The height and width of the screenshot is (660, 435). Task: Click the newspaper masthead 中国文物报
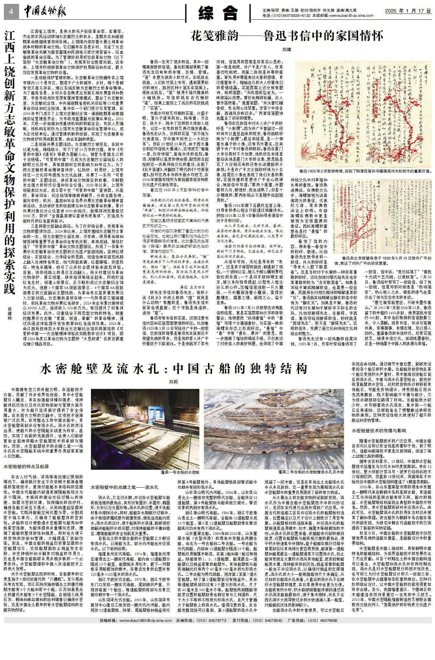(x=45, y=12)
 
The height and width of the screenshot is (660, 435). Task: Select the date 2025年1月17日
(x=408, y=11)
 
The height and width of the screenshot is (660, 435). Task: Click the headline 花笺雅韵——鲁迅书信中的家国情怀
(x=287, y=36)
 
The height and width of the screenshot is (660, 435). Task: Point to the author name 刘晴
(x=287, y=49)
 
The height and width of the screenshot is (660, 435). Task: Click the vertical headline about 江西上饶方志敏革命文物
(x=10, y=162)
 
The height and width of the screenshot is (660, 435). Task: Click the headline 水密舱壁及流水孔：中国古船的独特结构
(x=174, y=368)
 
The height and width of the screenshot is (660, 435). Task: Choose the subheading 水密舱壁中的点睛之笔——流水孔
(x=124, y=487)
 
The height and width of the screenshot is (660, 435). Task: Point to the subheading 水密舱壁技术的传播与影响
(x=379, y=431)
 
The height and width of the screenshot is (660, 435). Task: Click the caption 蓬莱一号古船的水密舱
(x=180, y=472)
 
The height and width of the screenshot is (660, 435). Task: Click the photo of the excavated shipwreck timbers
(x=274, y=429)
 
